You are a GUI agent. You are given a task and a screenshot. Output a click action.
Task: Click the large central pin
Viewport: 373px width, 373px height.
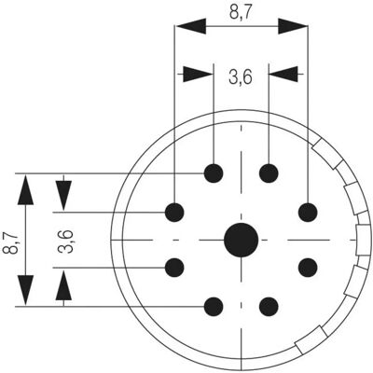pos(242,240)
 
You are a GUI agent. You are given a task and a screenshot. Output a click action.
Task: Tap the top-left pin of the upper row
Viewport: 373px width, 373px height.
pos(214,173)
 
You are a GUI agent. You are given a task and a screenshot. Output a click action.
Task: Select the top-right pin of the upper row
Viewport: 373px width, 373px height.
pos(269,173)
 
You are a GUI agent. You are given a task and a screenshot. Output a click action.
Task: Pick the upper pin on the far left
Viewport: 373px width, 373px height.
pos(174,213)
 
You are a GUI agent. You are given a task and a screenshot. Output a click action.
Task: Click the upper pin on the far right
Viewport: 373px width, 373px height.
pos(308,213)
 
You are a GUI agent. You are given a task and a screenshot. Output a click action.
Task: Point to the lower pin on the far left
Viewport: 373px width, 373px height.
pos(174,268)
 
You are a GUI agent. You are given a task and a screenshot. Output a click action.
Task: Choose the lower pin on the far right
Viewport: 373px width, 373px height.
pos(308,268)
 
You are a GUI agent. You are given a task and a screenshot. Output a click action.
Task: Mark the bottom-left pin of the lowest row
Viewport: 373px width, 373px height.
pos(214,307)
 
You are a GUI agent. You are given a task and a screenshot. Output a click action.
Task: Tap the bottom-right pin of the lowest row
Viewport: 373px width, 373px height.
pos(269,307)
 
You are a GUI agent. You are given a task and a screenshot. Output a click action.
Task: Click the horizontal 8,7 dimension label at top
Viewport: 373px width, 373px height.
pos(242,12)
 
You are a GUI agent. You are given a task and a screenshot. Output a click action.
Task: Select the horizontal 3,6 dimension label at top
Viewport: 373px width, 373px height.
pos(241,76)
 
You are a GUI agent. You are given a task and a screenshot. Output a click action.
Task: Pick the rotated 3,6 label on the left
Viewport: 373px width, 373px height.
pos(65,242)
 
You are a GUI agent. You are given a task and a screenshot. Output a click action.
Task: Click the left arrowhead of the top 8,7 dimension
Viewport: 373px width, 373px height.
pos(190,26)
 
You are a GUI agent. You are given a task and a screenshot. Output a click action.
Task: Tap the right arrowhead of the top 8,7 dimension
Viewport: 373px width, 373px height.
pos(293,26)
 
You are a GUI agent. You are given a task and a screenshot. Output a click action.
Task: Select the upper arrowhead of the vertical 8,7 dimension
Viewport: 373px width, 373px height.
pos(25,189)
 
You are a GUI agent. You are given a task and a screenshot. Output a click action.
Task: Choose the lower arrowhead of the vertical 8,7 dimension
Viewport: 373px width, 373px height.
pos(25,291)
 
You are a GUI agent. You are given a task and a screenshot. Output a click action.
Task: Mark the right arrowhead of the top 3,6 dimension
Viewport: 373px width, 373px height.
pos(283,74)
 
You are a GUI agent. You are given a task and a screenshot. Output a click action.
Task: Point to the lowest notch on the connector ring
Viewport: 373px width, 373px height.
pos(311,340)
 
